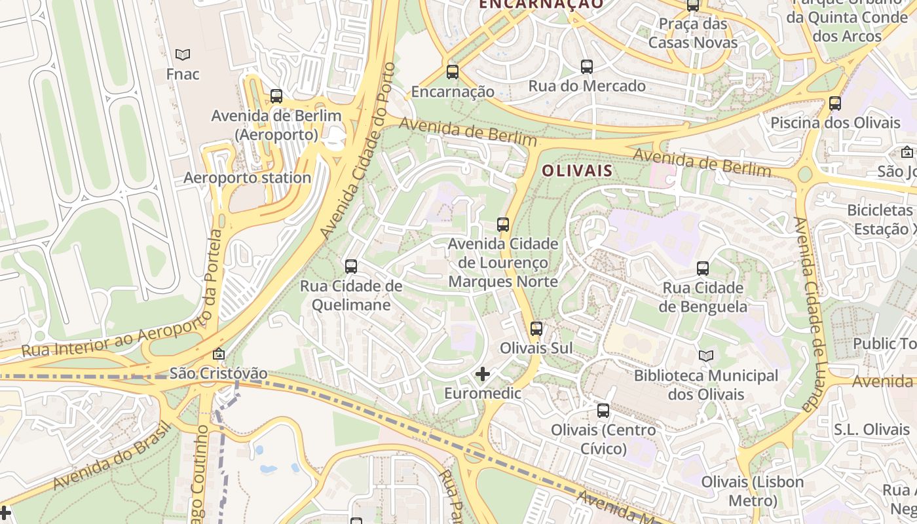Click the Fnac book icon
tap(183, 54)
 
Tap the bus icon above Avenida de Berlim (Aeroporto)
tap(276, 96)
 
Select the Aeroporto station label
tap(247, 178)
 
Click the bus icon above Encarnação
tap(453, 72)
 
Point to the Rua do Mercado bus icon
tap(587, 66)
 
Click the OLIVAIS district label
tap(577, 171)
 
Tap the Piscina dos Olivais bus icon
tap(835, 103)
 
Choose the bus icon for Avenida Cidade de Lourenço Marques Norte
tap(503, 225)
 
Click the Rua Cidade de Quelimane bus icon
tap(351, 267)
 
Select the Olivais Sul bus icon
tap(536, 329)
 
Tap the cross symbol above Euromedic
tap(483, 374)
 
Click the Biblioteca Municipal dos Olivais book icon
tap(705, 356)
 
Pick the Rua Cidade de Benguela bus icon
tap(703, 269)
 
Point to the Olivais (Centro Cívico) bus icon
tap(603, 411)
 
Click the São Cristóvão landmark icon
tap(219, 354)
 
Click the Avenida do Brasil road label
tap(111, 455)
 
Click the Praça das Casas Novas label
tap(693, 33)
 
